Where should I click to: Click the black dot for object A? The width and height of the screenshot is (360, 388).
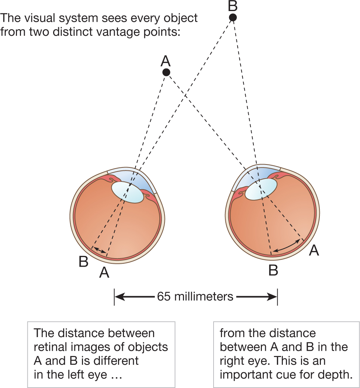tap(166, 72)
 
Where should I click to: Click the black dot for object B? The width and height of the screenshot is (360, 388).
tap(233, 17)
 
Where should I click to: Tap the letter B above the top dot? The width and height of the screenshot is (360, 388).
tap(233, 6)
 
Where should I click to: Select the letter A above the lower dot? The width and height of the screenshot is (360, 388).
tap(166, 61)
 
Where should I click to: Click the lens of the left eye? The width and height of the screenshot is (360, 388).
tap(128, 192)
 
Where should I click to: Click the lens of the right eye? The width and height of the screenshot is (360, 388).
tap(261, 189)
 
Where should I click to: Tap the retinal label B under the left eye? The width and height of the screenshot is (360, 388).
tap(83, 262)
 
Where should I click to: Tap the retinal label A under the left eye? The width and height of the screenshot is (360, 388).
tap(104, 273)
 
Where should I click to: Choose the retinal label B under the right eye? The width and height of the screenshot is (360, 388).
tap(273, 271)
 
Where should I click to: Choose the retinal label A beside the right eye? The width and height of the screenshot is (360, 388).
tap(314, 251)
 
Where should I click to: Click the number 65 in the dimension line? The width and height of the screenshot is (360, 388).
tap(164, 296)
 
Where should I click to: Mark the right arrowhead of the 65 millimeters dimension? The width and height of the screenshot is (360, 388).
tap(273, 296)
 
